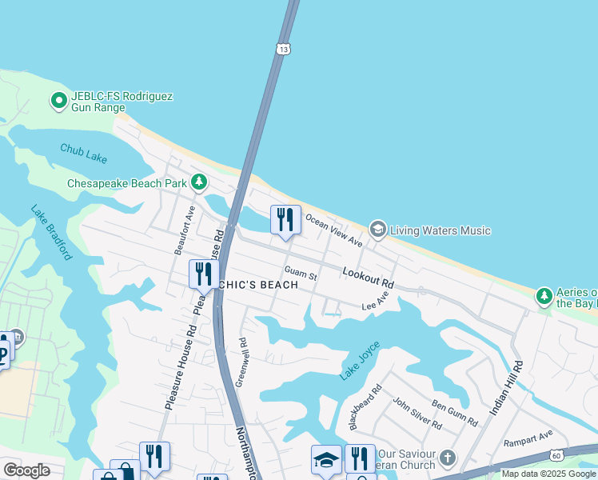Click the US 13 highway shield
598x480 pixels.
pos(284,49)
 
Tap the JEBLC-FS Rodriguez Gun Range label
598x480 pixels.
pos(121,102)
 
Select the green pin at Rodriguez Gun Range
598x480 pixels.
pos(58,101)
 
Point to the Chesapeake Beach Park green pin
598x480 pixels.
pos(199,183)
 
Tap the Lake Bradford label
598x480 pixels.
pos(52,233)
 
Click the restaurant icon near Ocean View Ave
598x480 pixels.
pos(285,220)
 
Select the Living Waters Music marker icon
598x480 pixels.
pos(378,230)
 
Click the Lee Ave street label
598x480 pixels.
pos(375,301)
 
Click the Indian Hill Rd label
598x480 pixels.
pos(506,387)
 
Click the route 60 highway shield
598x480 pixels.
pos(556,455)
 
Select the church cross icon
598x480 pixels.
pos(448,459)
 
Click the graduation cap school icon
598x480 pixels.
pos(325,460)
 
